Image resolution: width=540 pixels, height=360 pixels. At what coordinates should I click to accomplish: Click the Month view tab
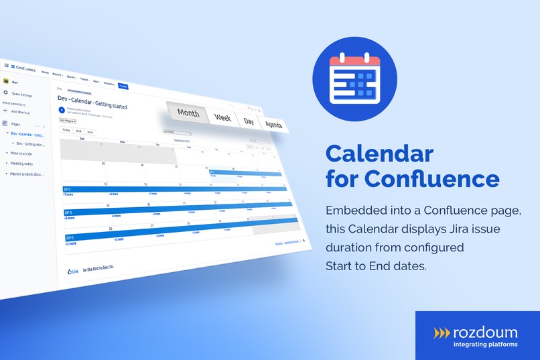pos(188,113)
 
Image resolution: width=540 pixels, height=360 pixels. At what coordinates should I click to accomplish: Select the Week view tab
pos(223,117)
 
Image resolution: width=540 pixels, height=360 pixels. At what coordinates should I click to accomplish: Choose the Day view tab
pos(249,121)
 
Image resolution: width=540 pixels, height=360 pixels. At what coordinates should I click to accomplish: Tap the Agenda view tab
pos(273,125)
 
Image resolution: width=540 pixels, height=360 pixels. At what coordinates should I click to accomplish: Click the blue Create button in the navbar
pos(123,86)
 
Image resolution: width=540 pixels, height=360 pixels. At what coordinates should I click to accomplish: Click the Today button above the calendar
pos(66,130)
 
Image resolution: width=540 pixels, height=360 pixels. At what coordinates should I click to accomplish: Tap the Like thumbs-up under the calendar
pos(73,271)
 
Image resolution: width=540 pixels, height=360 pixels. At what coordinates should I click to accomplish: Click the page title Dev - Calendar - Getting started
pos(92,102)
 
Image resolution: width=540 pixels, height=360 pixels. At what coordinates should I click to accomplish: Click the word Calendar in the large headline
pos(379,154)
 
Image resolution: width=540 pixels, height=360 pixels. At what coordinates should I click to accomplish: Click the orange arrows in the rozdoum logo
pos(442,332)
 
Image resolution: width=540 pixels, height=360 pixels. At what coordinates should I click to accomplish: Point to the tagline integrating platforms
pos(476,345)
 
